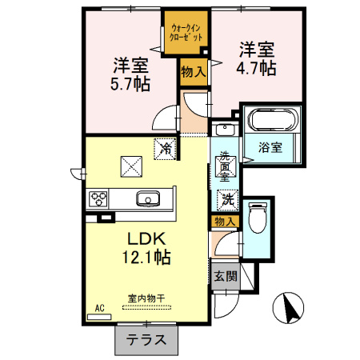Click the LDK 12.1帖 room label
click(x=146, y=248)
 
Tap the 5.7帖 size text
click(x=130, y=84)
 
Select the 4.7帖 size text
click(x=256, y=68)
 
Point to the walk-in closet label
click(x=186, y=33)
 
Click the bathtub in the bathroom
click(x=272, y=120)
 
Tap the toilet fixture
click(x=258, y=218)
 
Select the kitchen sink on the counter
click(x=148, y=199)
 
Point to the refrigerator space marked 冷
click(x=165, y=149)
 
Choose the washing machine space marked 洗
click(x=227, y=199)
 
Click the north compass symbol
click(x=288, y=308)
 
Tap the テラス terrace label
click(x=146, y=340)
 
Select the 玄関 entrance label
click(x=226, y=276)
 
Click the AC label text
click(x=99, y=308)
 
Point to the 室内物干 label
click(x=146, y=298)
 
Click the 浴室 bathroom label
click(x=270, y=147)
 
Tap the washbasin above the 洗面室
click(x=225, y=130)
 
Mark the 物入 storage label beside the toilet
click(x=226, y=222)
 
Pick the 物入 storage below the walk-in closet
click(x=194, y=72)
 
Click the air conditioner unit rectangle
click(x=99, y=317)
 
